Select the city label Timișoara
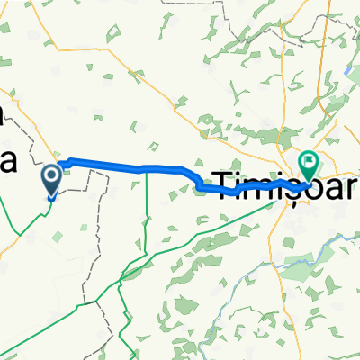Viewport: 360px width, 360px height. [x=279, y=176]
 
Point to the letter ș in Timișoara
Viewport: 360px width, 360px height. [x=278, y=177]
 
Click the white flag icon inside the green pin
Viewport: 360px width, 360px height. [x=310, y=162]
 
